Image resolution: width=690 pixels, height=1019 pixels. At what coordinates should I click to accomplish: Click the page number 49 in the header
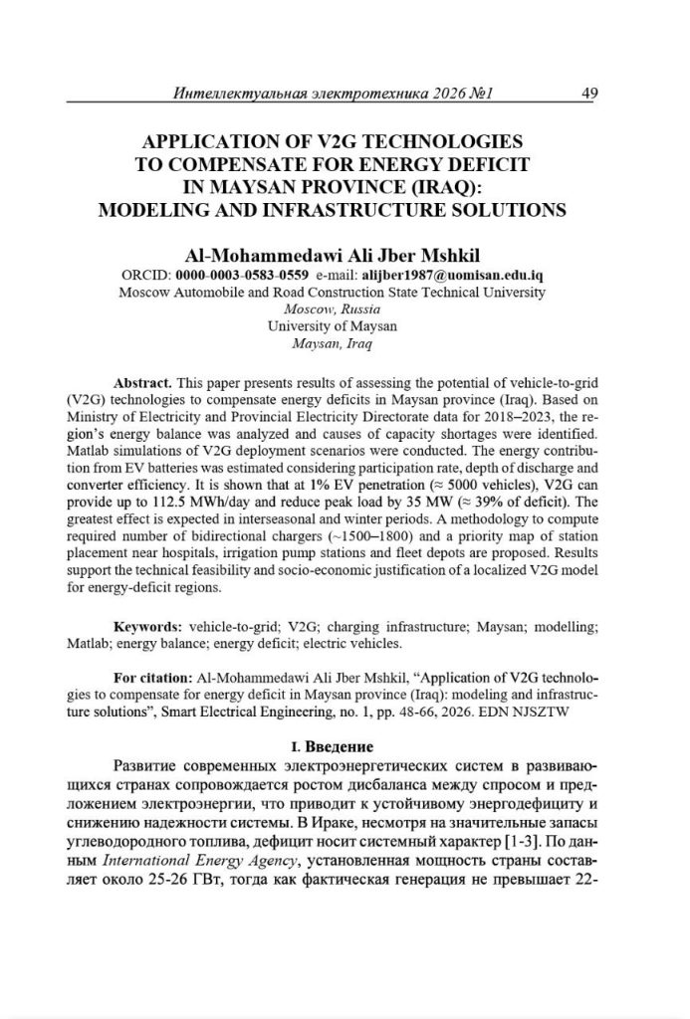pyautogui.click(x=588, y=94)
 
